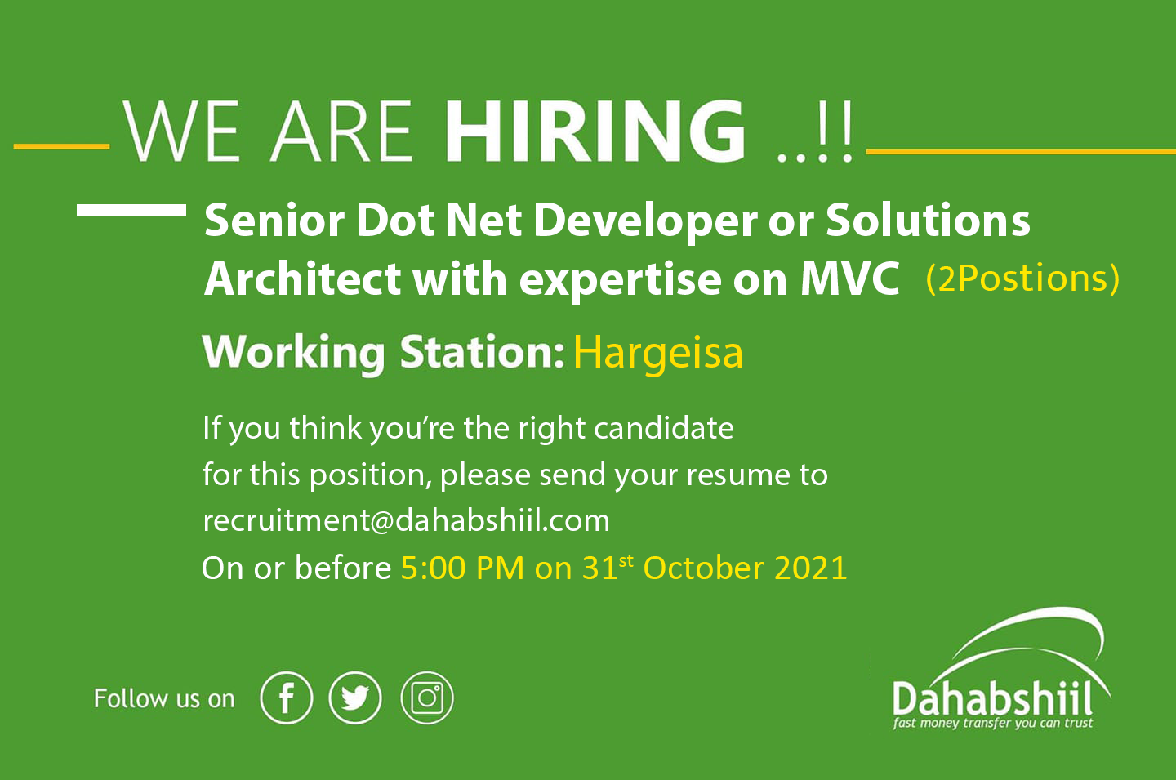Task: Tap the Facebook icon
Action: [x=286, y=698]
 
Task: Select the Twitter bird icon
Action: [x=355, y=698]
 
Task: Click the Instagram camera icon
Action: [x=427, y=698]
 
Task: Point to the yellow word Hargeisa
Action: [x=658, y=353]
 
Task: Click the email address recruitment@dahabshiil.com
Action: [x=407, y=521]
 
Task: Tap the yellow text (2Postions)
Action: [x=1022, y=279]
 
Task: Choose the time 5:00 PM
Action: [x=462, y=568]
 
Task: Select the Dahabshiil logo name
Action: [x=992, y=698]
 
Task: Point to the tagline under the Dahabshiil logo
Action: [x=992, y=724]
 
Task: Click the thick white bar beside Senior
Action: [x=131, y=210]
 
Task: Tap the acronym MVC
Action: [x=850, y=279]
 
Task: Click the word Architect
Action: [x=302, y=279]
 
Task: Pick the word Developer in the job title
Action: [x=645, y=221]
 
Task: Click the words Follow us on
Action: [x=164, y=698]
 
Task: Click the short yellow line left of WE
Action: [x=61, y=146]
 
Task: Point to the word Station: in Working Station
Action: [x=482, y=352]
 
